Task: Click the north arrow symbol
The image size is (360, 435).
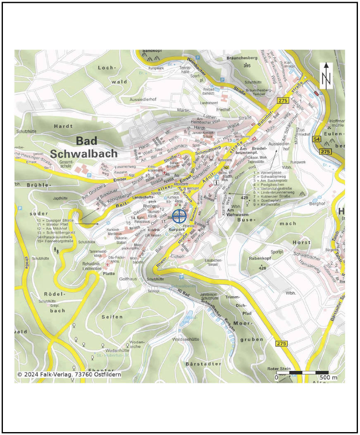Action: [327, 76]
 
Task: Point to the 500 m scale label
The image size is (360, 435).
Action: [328, 378]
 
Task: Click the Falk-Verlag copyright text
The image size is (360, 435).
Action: [69, 374]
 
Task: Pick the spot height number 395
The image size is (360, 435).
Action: [247, 66]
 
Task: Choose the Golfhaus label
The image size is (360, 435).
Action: [128, 279]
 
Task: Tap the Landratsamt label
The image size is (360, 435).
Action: [209, 103]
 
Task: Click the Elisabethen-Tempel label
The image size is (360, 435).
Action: [219, 262]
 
